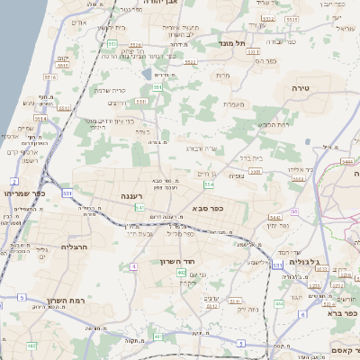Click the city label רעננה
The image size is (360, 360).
pos(137,194)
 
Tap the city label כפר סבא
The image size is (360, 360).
pos(208,208)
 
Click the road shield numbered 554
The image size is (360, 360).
pos(209,184)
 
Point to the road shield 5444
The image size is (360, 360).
pos(347,161)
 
